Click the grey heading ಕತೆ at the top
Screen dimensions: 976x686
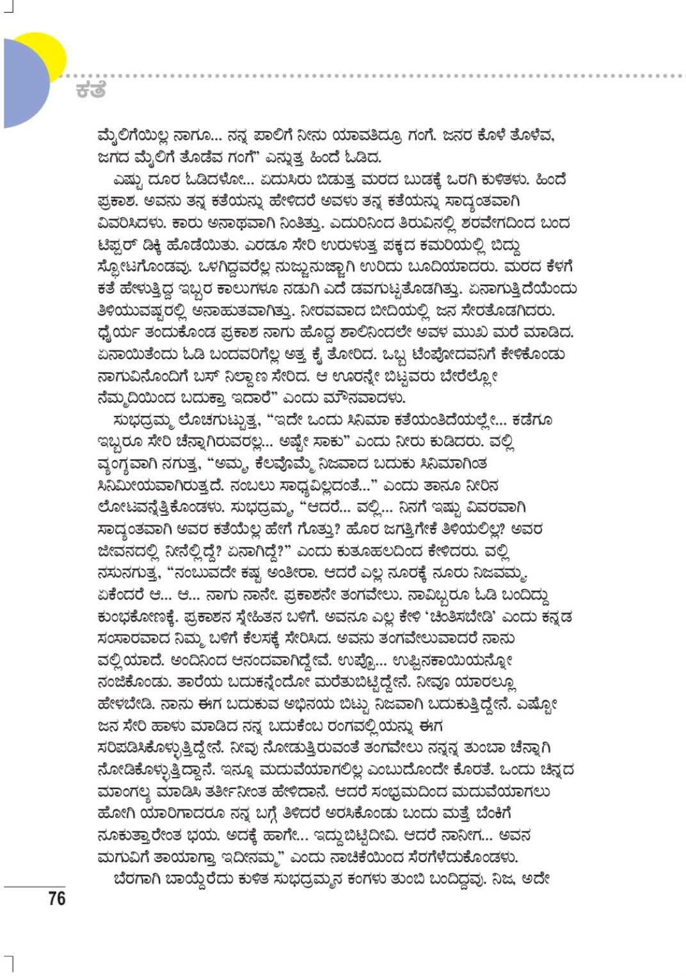point(90,90)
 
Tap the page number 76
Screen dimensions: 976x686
point(56,899)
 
